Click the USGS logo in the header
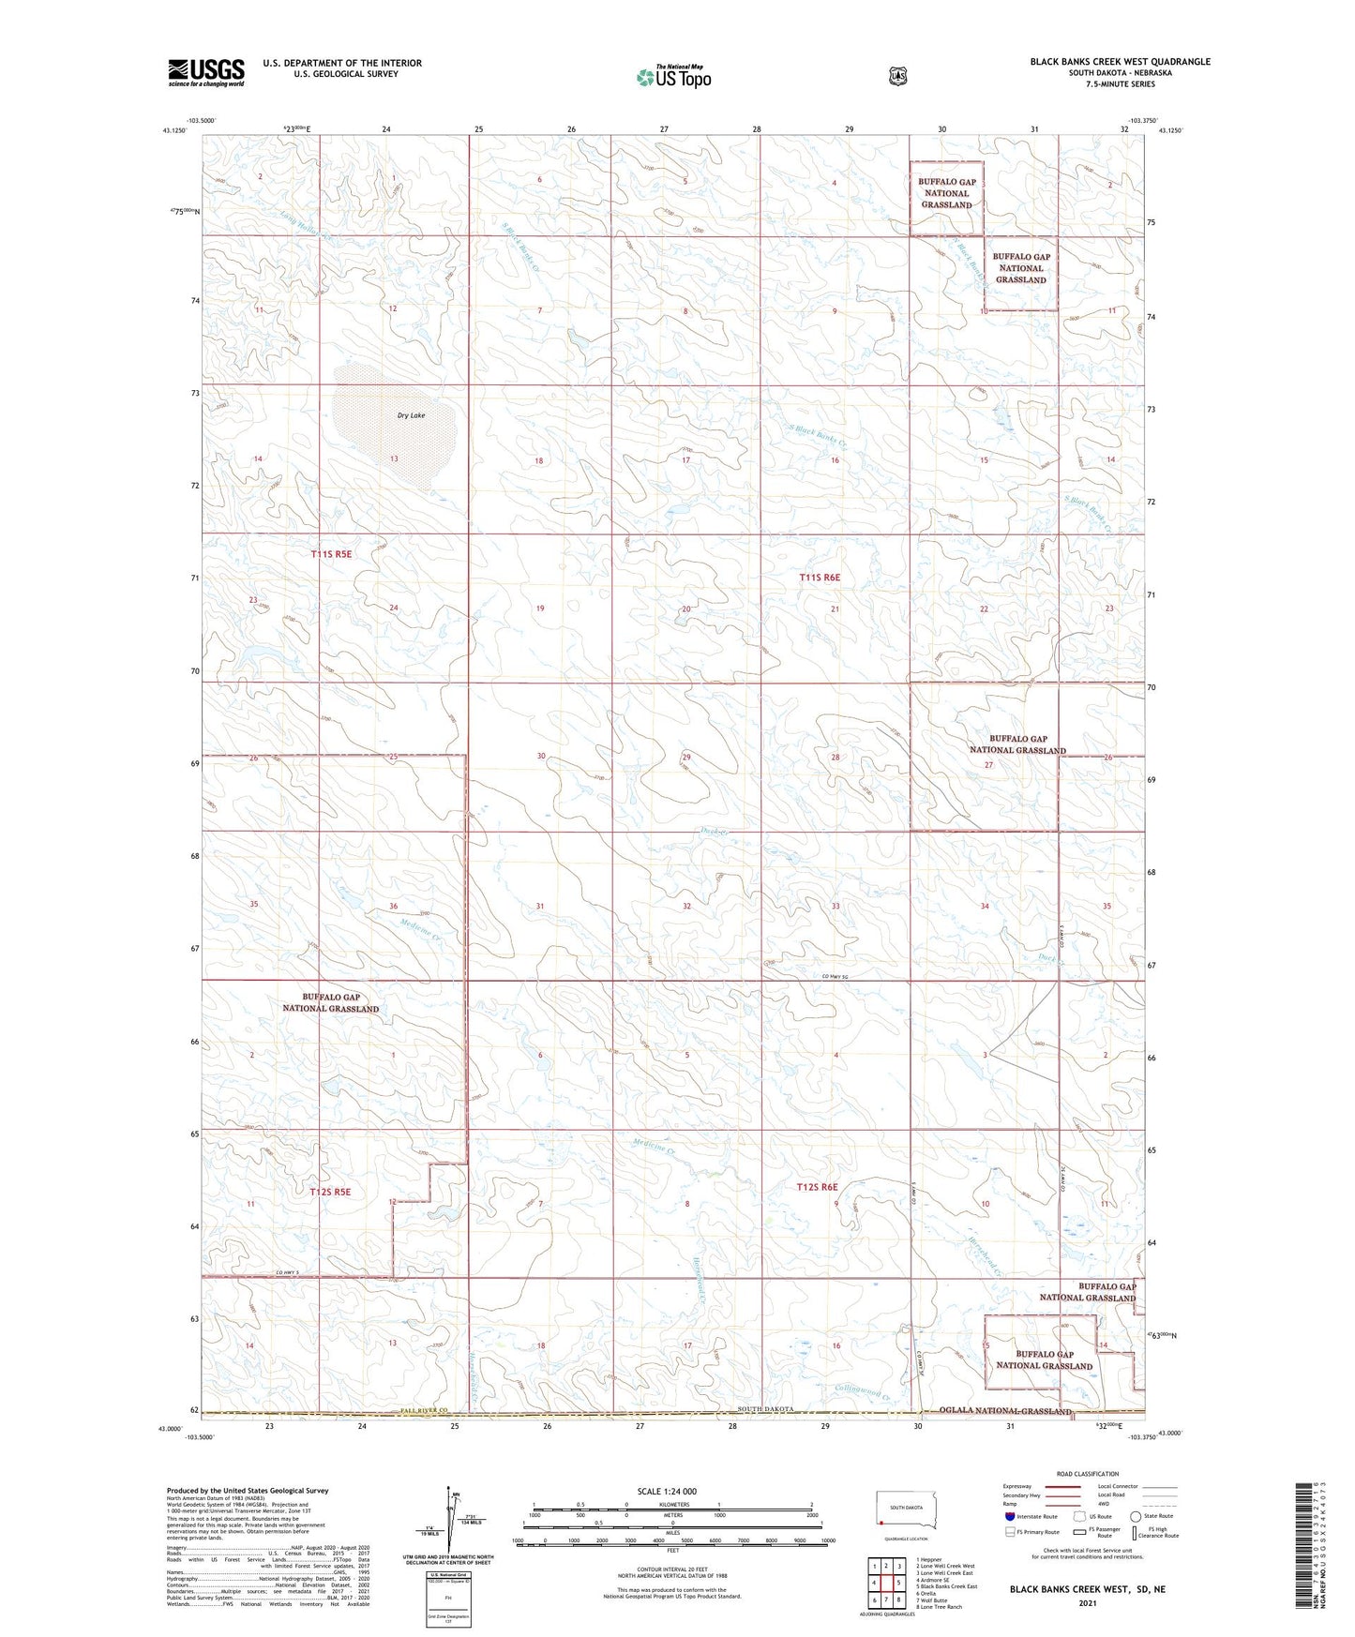point(206,71)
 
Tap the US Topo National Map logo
point(672,77)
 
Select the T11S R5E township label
point(332,554)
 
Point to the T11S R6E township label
point(820,578)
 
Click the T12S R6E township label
point(817,1187)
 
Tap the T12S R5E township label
point(330,1192)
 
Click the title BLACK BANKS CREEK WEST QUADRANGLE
point(1120,62)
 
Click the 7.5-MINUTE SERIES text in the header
point(1120,84)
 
